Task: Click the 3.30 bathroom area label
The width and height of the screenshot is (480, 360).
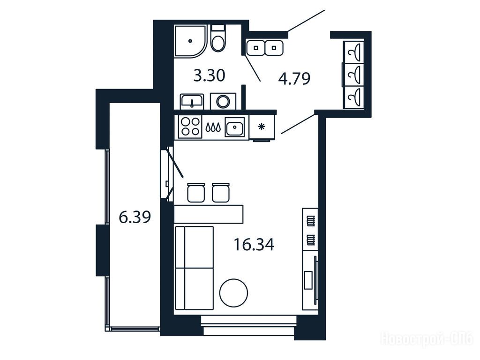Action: click(210, 75)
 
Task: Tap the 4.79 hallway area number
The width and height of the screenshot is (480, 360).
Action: click(294, 78)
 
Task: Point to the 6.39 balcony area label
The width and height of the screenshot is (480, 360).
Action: click(135, 217)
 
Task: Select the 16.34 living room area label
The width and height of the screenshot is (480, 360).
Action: click(254, 245)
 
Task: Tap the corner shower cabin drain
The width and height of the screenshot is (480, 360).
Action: click(190, 41)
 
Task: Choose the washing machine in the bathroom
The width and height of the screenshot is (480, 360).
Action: click(223, 101)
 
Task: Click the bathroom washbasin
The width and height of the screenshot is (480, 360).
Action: click(192, 101)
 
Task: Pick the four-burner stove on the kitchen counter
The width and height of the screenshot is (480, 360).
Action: click(190, 127)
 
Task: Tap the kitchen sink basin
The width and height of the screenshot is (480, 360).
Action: click(235, 127)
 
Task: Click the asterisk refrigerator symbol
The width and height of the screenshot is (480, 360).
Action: click(262, 127)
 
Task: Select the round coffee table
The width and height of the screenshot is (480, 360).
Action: click(233, 293)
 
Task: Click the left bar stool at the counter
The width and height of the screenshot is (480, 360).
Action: click(196, 193)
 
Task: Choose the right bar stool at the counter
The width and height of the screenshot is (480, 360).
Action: click(220, 193)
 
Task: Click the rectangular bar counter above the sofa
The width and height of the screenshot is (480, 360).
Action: click(209, 214)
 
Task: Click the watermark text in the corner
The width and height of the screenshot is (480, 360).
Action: click(427, 339)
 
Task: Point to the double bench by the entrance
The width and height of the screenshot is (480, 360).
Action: click(265, 48)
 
